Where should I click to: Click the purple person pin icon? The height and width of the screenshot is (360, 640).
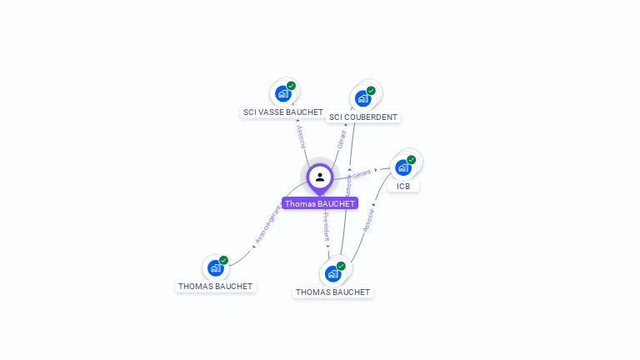pyautogui.click(x=320, y=177)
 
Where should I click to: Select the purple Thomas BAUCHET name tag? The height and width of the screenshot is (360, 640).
pyautogui.click(x=320, y=203)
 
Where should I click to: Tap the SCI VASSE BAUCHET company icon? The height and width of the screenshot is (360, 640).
pyautogui.click(x=282, y=93)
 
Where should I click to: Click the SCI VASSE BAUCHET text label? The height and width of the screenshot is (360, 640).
pyautogui.click(x=282, y=112)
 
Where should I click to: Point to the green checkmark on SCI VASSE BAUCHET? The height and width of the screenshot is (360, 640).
pyautogui.click(x=291, y=86)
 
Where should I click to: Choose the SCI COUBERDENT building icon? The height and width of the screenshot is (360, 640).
pyautogui.click(x=362, y=98)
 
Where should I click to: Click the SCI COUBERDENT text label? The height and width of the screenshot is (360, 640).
pyautogui.click(x=363, y=117)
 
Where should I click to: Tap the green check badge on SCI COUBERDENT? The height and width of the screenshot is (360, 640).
pyautogui.click(x=371, y=91)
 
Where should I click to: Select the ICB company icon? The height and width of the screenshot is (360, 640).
pyautogui.click(x=403, y=167)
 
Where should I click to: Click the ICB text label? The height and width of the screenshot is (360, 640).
pyautogui.click(x=403, y=186)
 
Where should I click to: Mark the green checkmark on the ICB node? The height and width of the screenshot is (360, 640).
pyautogui.click(x=411, y=160)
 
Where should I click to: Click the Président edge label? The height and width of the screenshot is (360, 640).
pyautogui.click(x=326, y=226)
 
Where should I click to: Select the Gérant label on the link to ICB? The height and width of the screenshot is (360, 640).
pyautogui.click(x=362, y=173)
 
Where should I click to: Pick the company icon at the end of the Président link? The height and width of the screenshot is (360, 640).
pyautogui.click(x=332, y=273)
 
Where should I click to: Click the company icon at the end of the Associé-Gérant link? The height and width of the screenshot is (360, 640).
pyautogui.click(x=215, y=267)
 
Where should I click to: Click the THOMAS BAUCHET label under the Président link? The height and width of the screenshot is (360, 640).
pyautogui.click(x=332, y=292)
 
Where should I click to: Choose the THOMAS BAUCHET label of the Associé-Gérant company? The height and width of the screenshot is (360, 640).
pyautogui.click(x=215, y=286)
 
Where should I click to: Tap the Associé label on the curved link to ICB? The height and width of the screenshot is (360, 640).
pyautogui.click(x=368, y=219)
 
